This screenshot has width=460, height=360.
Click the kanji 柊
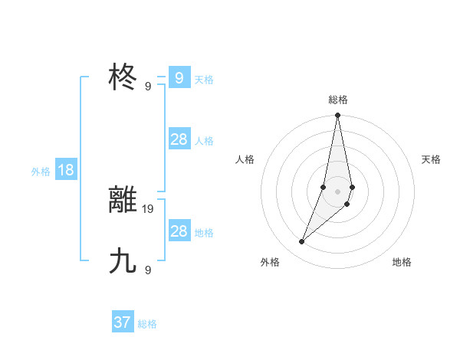pyautogui.click(x=123, y=77)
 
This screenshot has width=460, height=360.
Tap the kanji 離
pyautogui.click(x=123, y=200)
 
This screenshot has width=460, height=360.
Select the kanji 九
pyautogui.click(x=123, y=261)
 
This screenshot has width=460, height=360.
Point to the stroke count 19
pyautogui.click(x=148, y=208)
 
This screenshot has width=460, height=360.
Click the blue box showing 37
pyautogui.click(x=123, y=322)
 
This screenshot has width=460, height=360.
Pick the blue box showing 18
pyautogui.click(x=66, y=170)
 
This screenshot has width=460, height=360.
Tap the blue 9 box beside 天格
pyautogui.click(x=179, y=77)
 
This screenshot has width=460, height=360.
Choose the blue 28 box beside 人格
pyautogui.click(x=179, y=139)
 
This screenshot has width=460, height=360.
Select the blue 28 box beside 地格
pyautogui.click(x=179, y=231)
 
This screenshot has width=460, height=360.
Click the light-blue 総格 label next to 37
pyautogui.click(x=147, y=324)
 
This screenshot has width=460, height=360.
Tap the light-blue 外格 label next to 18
pyautogui.click(x=41, y=172)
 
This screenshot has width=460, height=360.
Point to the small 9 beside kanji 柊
pyautogui.click(x=148, y=87)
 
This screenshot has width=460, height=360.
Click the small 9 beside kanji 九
pyautogui.click(x=148, y=270)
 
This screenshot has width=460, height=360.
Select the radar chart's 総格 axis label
pyautogui.click(x=337, y=100)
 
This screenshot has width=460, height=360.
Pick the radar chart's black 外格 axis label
pyautogui.click(x=270, y=262)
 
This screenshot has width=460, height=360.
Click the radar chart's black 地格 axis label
pyautogui.click(x=402, y=262)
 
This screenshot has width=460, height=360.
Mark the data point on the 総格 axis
pyautogui.click(x=337, y=116)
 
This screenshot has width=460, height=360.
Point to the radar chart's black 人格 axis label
pyautogui.click(x=245, y=159)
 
